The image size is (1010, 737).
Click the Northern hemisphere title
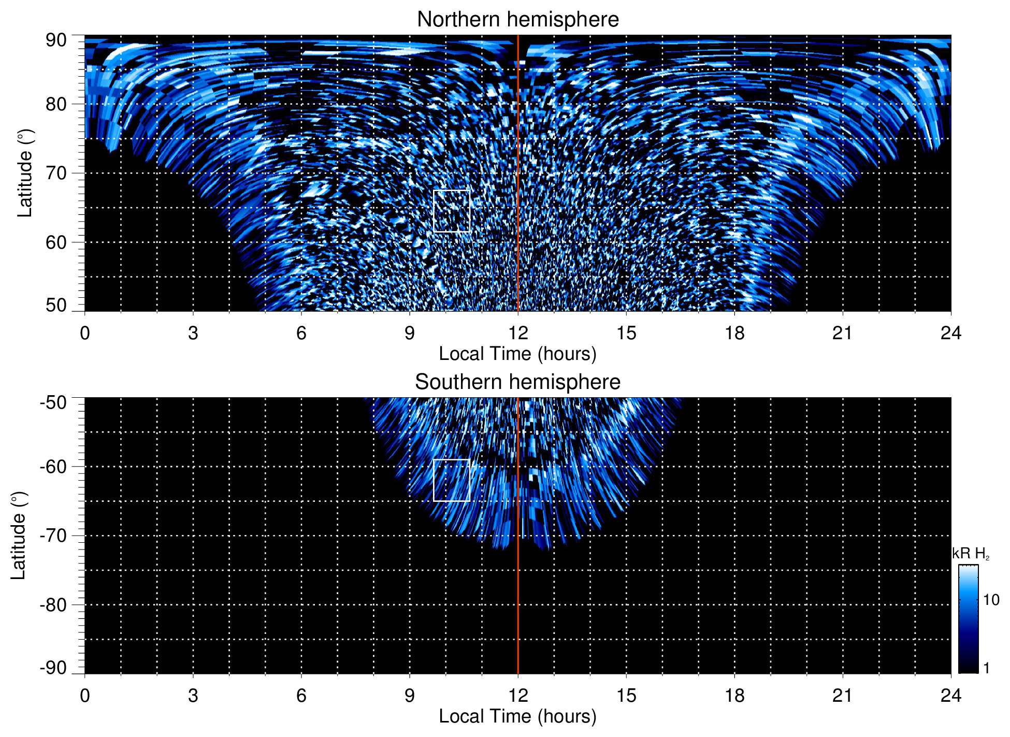pyautogui.click(x=517, y=20)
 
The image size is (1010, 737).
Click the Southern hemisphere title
pyautogui.click(x=517, y=382)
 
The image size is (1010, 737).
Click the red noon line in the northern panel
pyautogui.click(x=518, y=155)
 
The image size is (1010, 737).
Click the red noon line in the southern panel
pyautogui.click(x=518, y=596)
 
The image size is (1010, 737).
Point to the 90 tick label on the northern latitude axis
pyautogui.click(x=56, y=40)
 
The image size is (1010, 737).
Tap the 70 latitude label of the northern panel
pyautogui.click(x=56, y=173)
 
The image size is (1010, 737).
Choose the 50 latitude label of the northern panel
pyautogui.click(x=56, y=306)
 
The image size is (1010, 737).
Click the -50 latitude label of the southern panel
pyautogui.click(x=53, y=403)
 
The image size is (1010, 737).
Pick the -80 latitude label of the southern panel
pyautogui.click(x=53, y=605)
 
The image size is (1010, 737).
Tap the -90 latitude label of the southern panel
pyautogui.click(x=53, y=668)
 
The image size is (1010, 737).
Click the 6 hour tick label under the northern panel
pyautogui.click(x=301, y=333)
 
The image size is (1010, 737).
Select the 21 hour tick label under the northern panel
pyautogui.click(x=843, y=333)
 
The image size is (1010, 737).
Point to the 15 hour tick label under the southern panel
pyautogui.click(x=626, y=696)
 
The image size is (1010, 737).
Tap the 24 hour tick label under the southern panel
pyautogui.click(x=951, y=696)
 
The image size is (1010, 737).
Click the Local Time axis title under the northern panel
pyautogui.click(x=517, y=354)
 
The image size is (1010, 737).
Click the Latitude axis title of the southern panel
pyautogui.click(x=18, y=536)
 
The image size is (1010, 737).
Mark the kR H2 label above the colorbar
pyautogui.click(x=971, y=554)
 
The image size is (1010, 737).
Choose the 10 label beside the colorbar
pyautogui.click(x=991, y=600)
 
